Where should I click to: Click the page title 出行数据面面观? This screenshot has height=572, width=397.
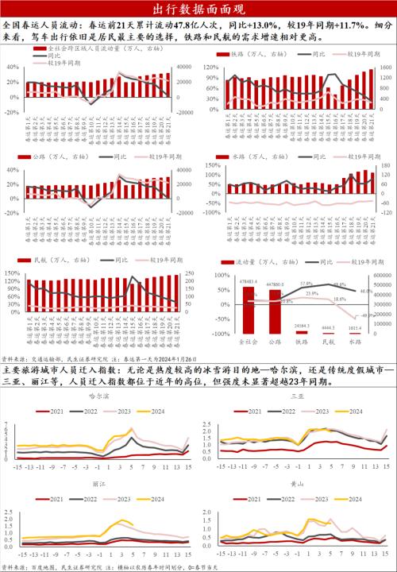[x=198, y=9]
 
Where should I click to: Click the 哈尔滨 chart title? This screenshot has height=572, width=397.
[x=98, y=396]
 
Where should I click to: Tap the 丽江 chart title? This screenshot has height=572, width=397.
[x=99, y=482]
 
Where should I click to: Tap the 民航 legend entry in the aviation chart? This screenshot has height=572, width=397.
[x=52, y=260]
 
